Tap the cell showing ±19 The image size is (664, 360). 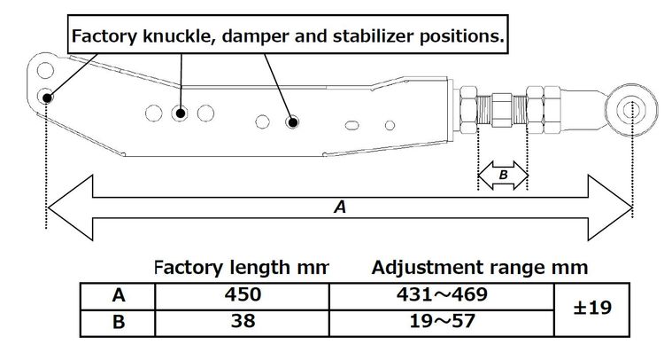[592, 309]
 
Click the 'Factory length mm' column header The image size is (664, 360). [241, 267]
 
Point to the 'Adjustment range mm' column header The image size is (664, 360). [479, 267]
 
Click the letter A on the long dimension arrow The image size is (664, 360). [338, 207]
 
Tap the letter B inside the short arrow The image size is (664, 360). [503, 176]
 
